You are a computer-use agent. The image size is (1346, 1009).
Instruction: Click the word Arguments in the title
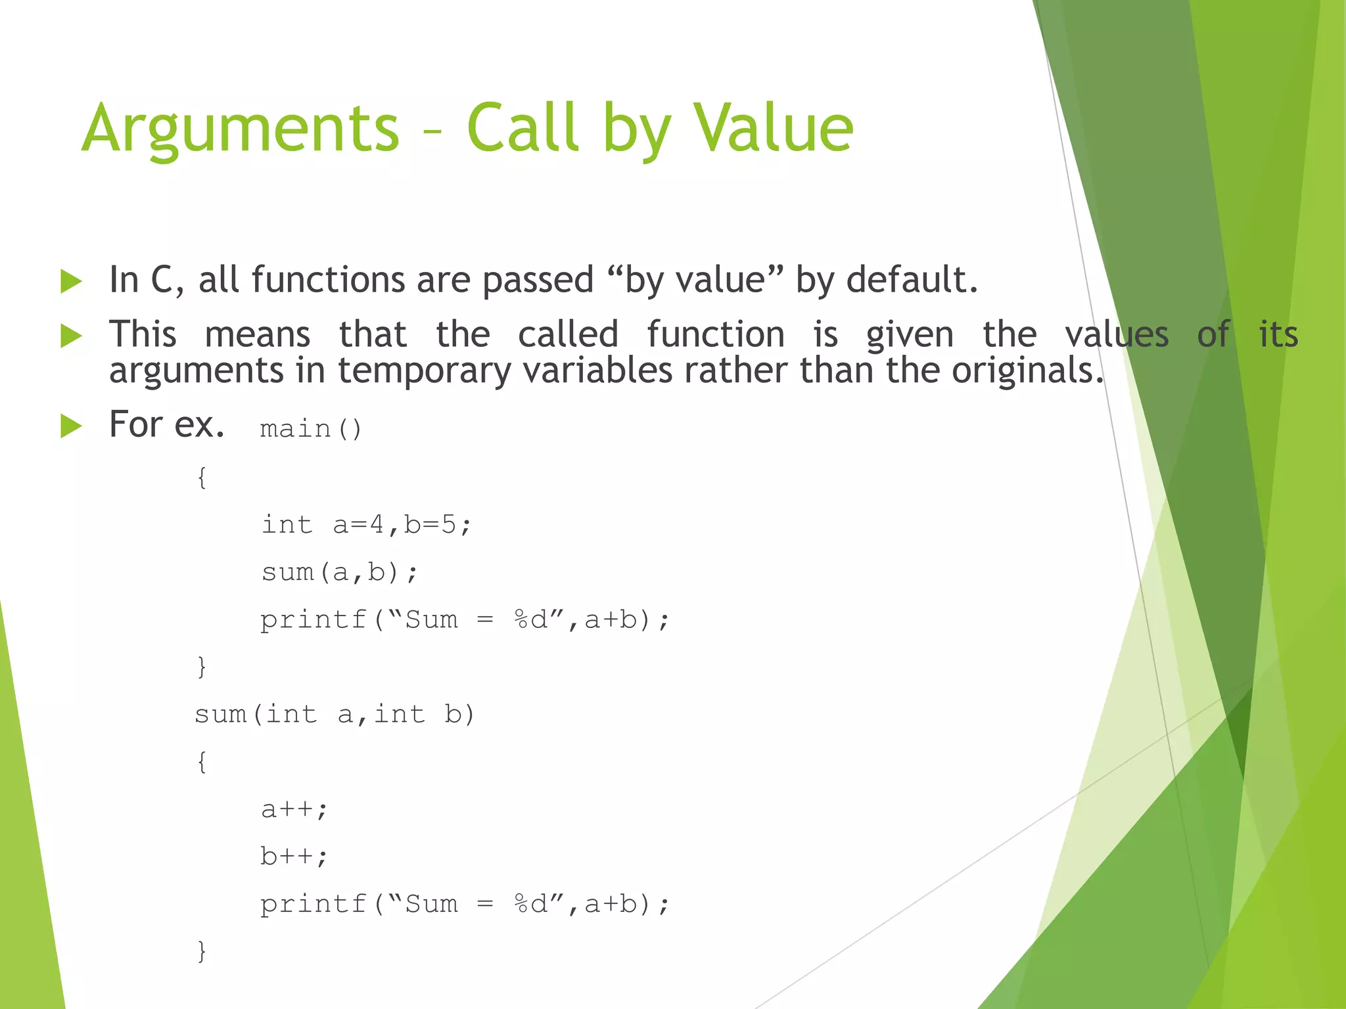241,129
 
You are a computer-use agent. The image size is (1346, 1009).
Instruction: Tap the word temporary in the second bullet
424,371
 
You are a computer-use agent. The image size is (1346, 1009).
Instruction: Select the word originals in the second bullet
1027,370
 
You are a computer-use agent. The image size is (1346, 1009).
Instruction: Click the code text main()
311,429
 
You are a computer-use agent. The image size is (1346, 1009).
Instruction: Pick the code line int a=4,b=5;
366,525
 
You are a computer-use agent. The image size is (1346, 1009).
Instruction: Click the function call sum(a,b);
339,572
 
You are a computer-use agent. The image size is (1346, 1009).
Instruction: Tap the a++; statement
294,809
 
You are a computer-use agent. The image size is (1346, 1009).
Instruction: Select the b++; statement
294,857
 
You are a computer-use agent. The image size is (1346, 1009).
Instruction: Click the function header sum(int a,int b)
334,714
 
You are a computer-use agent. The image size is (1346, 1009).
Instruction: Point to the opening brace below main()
202,478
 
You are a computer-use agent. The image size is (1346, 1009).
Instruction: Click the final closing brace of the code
202,951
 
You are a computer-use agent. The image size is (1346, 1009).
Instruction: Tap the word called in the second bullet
568,334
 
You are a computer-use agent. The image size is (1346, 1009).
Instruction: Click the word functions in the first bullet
328,280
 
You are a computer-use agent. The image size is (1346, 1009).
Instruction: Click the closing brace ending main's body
202,667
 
